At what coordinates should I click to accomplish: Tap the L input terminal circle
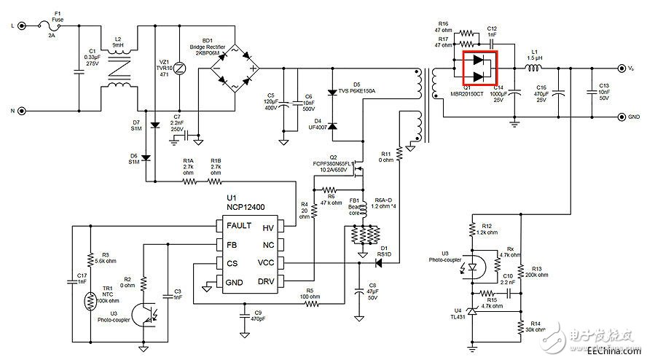pyautogui.click(x=22, y=26)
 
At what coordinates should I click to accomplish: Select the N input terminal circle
pyautogui.click(x=22, y=111)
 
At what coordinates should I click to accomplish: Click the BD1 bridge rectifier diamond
pyautogui.click(x=233, y=69)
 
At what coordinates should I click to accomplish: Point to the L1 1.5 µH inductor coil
pyautogui.click(x=534, y=69)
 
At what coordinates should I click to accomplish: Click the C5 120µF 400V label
pyautogui.click(x=271, y=101)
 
